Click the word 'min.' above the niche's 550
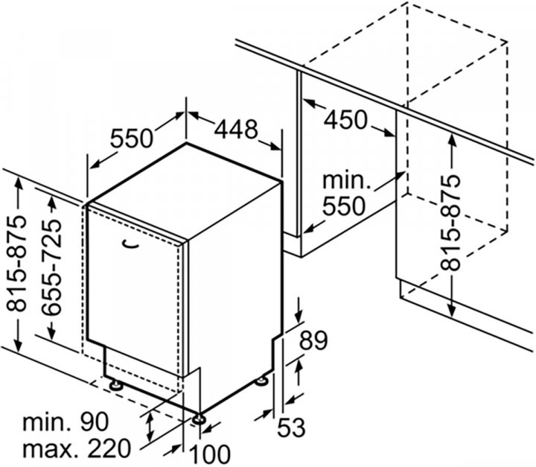346,180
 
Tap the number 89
313,342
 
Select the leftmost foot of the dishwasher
118,386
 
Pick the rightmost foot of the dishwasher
261,381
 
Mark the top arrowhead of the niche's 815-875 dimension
451,136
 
